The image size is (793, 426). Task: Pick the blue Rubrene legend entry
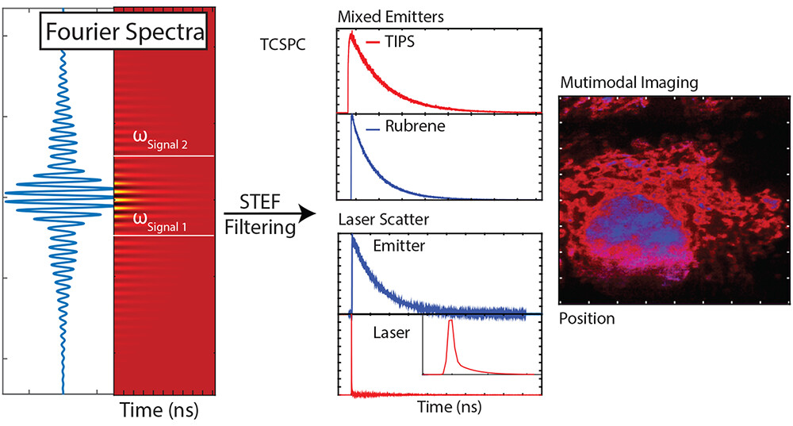tap(396, 125)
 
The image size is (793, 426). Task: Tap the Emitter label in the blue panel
tap(400, 246)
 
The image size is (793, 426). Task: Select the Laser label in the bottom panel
tap(392, 333)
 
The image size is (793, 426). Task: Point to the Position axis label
tap(587, 319)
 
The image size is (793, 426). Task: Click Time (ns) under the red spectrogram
tap(159, 411)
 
